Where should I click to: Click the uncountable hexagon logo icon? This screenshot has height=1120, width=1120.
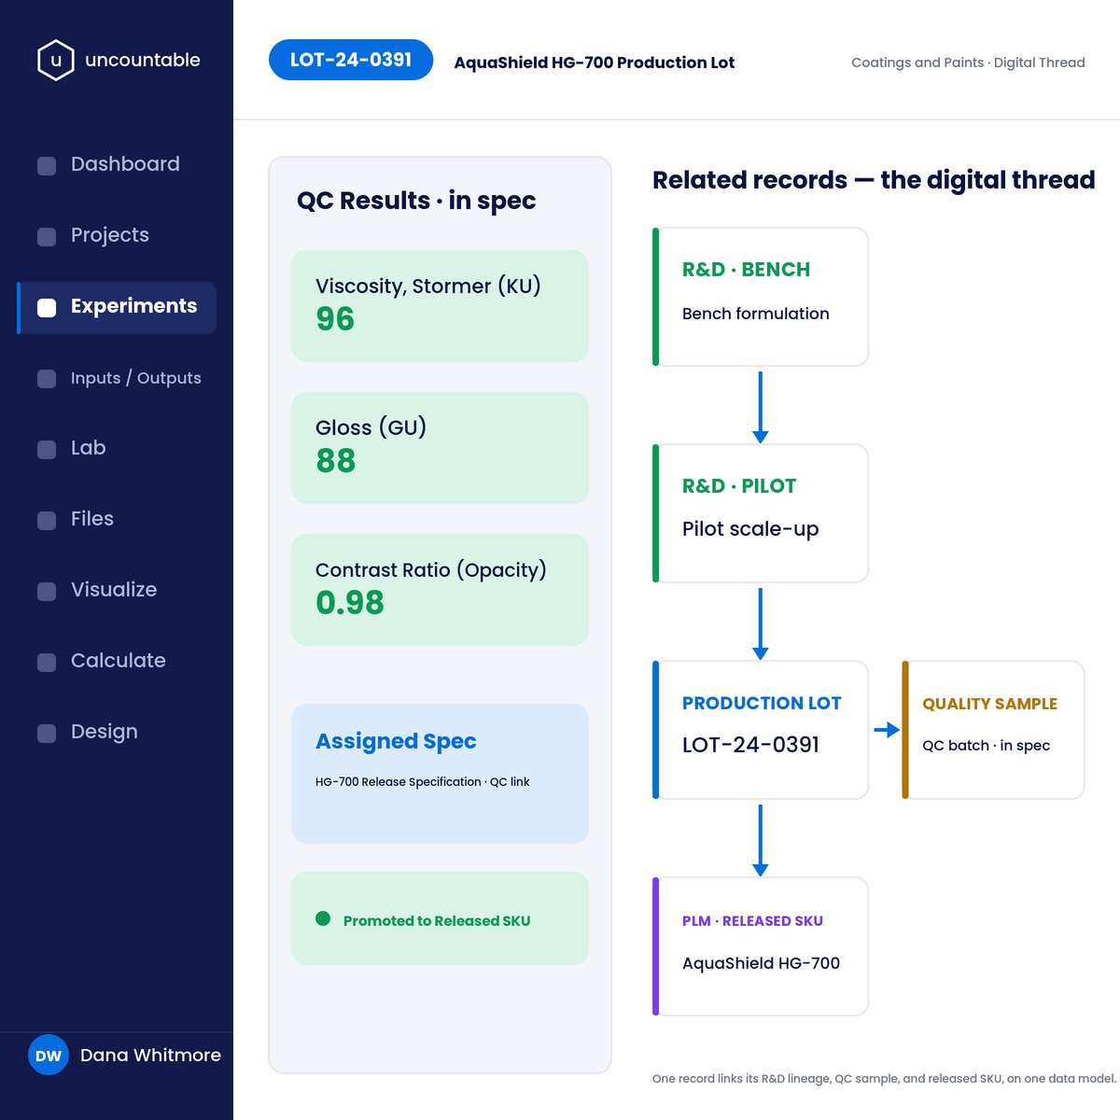click(x=56, y=60)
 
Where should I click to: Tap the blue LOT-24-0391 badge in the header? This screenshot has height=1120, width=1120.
click(x=351, y=60)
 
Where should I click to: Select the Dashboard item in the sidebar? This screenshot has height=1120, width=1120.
click(x=125, y=164)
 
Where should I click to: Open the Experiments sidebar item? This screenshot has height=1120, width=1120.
click(x=133, y=306)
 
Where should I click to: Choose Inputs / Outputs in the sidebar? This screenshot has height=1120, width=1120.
click(x=135, y=378)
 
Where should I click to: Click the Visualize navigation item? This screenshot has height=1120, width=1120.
click(x=113, y=590)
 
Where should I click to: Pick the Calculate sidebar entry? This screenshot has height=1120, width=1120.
click(x=118, y=661)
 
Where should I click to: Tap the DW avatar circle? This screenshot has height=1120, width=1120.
click(x=49, y=1055)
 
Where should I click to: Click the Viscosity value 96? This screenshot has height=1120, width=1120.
click(x=335, y=319)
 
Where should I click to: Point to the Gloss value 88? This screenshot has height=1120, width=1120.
click(x=335, y=461)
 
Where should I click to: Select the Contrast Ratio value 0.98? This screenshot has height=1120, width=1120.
click(x=350, y=603)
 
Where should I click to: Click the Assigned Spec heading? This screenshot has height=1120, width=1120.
click(x=396, y=741)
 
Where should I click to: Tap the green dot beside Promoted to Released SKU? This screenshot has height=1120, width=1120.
click(x=323, y=918)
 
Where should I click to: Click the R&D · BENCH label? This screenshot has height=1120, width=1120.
click(x=746, y=270)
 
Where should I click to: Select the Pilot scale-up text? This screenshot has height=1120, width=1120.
click(x=749, y=529)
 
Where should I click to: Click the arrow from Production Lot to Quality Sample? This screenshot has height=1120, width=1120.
click(x=887, y=730)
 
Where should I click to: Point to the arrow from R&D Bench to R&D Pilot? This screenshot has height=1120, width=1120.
click(x=761, y=408)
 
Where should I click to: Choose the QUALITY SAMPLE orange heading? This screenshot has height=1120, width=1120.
click(x=989, y=704)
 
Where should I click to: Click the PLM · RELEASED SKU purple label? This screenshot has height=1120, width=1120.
click(x=752, y=921)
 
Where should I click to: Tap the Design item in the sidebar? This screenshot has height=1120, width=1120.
click(x=104, y=732)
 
